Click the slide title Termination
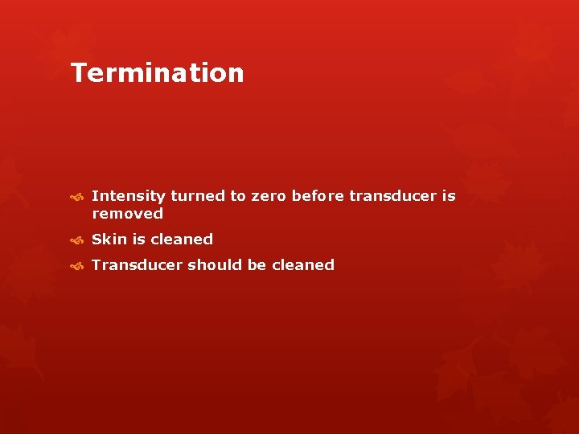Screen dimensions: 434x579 [x=158, y=73]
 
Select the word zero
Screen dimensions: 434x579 [x=269, y=196]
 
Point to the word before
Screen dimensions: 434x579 [x=318, y=196]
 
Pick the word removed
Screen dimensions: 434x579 [x=127, y=214]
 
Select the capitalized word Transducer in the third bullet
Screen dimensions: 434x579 [x=138, y=265]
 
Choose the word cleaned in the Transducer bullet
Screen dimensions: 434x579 [x=303, y=265]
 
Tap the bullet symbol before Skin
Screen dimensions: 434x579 [x=77, y=240]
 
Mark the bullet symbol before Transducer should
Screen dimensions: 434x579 [x=77, y=266]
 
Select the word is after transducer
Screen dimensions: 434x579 [x=449, y=196]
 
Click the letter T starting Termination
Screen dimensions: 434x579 [x=79, y=73]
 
